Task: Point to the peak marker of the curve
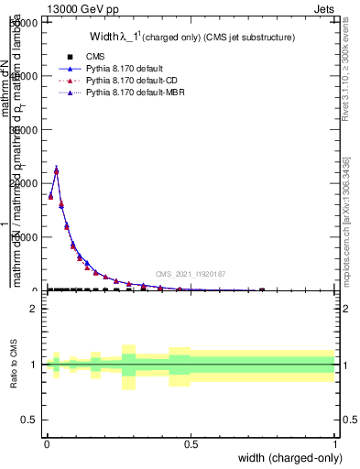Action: tap(56, 170)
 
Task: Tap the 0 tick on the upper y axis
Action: tap(36, 290)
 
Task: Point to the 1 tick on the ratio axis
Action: tap(34, 365)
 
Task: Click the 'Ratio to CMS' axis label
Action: tap(14, 364)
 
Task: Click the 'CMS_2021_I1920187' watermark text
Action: tap(190, 274)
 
